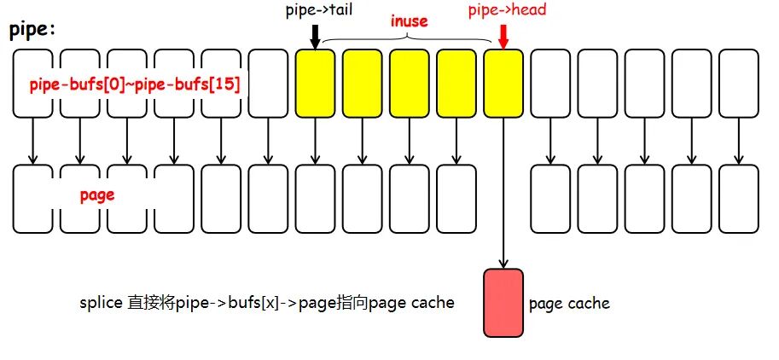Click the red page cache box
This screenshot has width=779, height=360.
(x=503, y=302)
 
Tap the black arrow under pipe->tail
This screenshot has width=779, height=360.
(x=316, y=36)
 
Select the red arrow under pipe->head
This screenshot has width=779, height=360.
(x=503, y=37)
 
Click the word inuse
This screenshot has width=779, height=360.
(x=409, y=20)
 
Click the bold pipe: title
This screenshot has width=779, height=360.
(x=32, y=30)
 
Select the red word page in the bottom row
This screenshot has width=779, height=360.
(x=97, y=195)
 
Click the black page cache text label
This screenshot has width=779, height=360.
(x=569, y=304)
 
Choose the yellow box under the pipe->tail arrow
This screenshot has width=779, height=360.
(x=316, y=84)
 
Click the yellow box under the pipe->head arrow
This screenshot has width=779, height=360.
(x=503, y=84)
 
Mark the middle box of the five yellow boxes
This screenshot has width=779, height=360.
(x=410, y=84)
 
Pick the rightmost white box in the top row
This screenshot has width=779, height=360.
(x=739, y=84)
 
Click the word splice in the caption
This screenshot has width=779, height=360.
(x=99, y=304)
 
